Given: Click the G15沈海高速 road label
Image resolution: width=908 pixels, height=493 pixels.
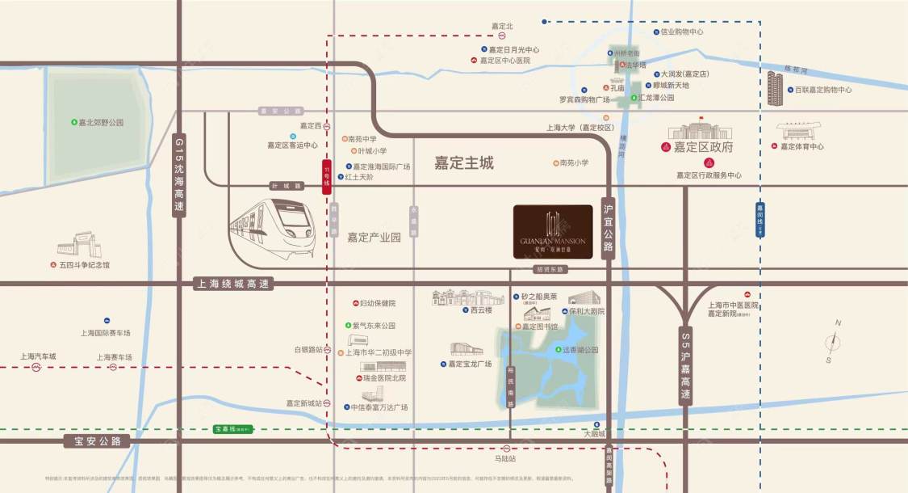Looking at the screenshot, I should click(x=179, y=175).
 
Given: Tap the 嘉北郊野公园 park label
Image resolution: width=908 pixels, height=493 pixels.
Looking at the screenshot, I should click(x=101, y=123).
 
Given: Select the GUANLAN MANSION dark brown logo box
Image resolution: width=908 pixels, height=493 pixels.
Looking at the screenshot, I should click(x=553, y=232).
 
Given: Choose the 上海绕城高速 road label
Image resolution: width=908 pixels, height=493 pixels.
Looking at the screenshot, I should click(x=234, y=284).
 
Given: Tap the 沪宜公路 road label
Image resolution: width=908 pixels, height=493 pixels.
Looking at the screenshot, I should click(x=609, y=227).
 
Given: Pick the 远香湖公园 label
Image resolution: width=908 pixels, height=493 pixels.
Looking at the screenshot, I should click(x=580, y=350).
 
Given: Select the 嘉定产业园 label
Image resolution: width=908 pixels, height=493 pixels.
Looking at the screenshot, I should click(x=374, y=238).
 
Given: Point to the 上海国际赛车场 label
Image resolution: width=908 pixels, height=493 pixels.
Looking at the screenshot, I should click(x=105, y=332).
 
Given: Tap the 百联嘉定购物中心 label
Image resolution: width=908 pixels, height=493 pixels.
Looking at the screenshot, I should click(x=822, y=90).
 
